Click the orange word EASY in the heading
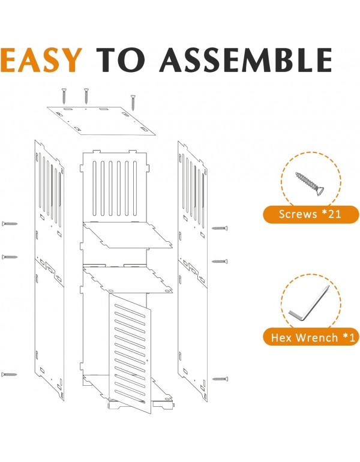click(x=41, y=59)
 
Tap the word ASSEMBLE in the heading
click(x=247, y=60)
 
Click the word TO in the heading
click(x=121, y=60)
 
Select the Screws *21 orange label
click(x=311, y=214)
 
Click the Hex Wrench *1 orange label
click(x=311, y=337)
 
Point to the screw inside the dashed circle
click(x=309, y=183)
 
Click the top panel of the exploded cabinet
click(x=101, y=121)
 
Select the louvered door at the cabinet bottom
click(x=130, y=352)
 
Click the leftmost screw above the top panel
click(x=64, y=96)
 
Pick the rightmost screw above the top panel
click(x=133, y=103)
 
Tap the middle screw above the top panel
click(x=86, y=96)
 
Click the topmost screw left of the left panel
click(x=10, y=224)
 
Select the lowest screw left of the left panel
click(x=9, y=374)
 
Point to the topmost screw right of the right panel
click(x=220, y=228)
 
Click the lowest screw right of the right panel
click(x=220, y=379)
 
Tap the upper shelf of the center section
click(x=128, y=235)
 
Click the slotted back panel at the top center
click(x=115, y=186)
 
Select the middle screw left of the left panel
click(x=10, y=257)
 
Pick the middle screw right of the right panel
click(x=220, y=262)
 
